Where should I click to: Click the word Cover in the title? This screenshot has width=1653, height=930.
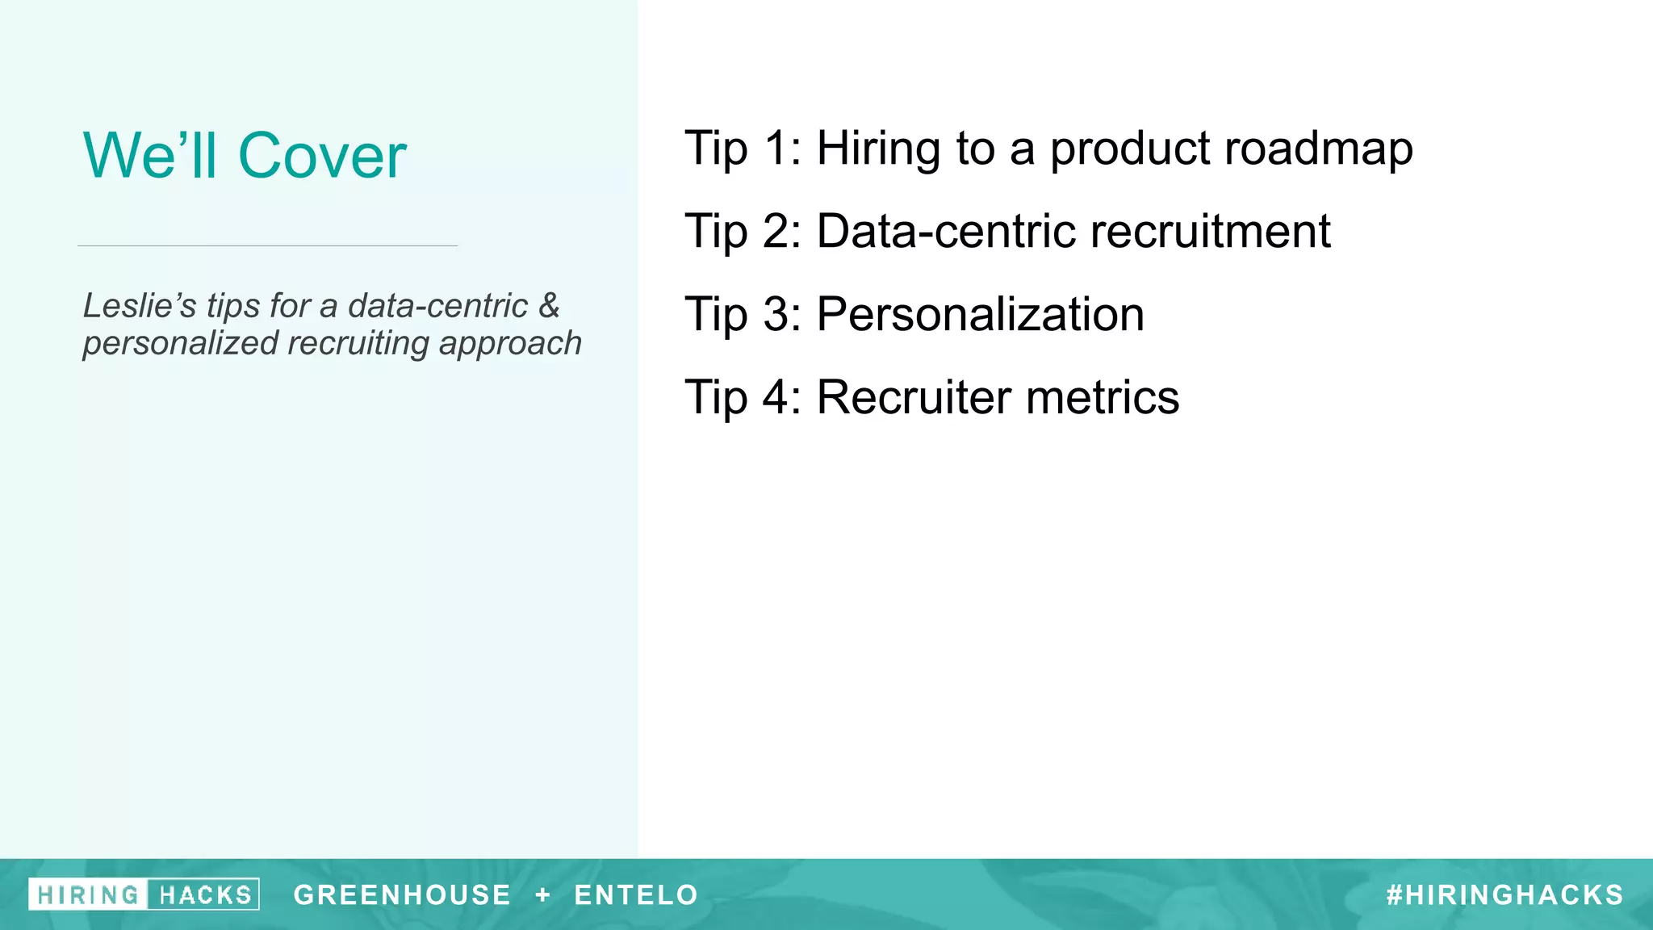(x=322, y=155)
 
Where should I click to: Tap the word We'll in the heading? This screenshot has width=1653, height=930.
(x=150, y=155)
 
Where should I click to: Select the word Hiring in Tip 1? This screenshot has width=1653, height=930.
(x=879, y=149)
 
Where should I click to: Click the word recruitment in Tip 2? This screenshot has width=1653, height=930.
(x=1210, y=232)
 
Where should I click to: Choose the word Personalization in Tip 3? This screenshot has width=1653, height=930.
(x=980, y=314)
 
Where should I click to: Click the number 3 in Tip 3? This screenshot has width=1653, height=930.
(x=777, y=314)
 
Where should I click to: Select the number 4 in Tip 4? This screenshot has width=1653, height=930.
(x=777, y=397)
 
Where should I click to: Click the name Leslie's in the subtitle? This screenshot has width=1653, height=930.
(x=139, y=306)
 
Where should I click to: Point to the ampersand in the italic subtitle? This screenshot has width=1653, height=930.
(x=549, y=306)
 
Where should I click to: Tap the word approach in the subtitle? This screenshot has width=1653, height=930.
(x=510, y=344)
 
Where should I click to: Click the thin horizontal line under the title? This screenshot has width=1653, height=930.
(x=267, y=245)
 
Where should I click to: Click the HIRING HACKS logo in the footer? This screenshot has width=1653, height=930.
(x=144, y=894)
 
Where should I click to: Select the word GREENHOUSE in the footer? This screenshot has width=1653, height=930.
(x=402, y=895)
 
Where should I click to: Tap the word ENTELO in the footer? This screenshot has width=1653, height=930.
(x=636, y=895)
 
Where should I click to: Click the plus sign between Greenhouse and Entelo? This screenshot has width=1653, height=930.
(x=543, y=895)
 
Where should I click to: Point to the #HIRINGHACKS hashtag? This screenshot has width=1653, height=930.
(x=1504, y=895)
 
